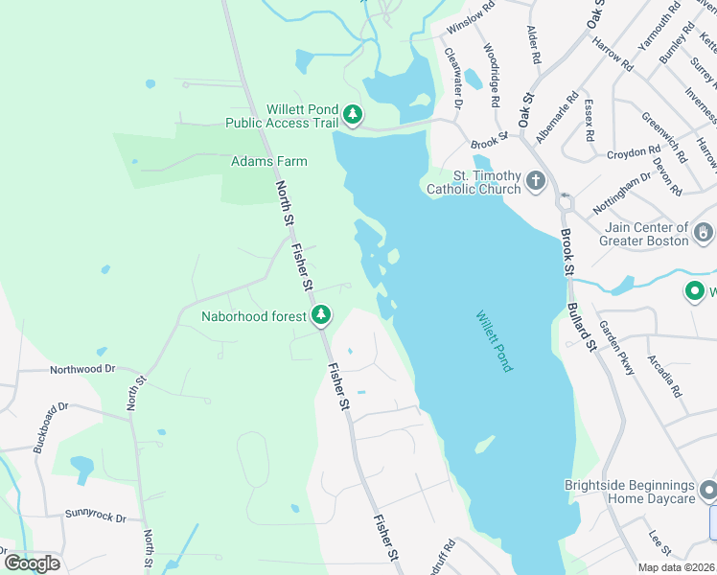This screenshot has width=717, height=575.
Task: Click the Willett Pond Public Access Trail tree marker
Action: (x=353, y=116)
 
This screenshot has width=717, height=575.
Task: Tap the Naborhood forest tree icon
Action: (x=324, y=314)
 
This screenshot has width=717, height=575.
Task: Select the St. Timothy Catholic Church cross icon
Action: (x=536, y=179)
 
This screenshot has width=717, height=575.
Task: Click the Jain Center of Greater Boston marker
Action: (x=704, y=232)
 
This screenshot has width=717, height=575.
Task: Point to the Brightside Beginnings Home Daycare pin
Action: (x=707, y=492)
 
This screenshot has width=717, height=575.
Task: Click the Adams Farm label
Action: (x=269, y=161)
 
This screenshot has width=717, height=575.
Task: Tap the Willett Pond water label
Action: (x=495, y=340)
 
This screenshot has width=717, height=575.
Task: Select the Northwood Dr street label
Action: (x=82, y=368)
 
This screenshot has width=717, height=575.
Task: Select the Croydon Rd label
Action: (x=634, y=152)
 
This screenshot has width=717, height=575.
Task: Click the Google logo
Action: (x=32, y=563)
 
